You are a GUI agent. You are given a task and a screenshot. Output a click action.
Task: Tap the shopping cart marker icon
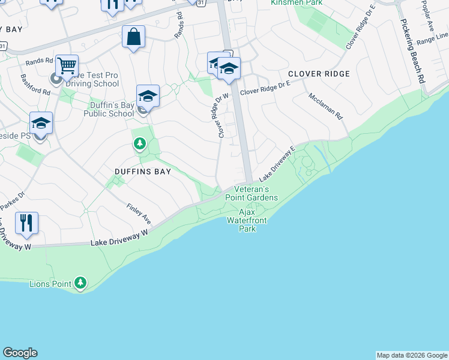click(67, 65)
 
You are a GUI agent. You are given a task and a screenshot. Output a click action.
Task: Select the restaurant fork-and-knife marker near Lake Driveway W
click(26, 223)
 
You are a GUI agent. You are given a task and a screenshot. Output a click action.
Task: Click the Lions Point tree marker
click(80, 283)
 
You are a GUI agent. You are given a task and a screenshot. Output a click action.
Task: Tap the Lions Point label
click(50, 283)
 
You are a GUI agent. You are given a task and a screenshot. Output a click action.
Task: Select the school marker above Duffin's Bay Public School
click(148, 96)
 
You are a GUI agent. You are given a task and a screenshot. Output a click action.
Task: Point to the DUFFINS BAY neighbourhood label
click(143, 172)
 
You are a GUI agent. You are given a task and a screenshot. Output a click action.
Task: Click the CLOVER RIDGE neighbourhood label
click(318, 74)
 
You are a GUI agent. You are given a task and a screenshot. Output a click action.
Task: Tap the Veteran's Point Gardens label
click(252, 193)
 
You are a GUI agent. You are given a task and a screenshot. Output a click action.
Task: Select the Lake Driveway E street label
click(277, 163)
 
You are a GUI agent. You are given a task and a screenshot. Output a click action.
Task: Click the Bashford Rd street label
click(35, 85)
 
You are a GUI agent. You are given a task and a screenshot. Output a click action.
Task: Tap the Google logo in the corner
click(20, 353)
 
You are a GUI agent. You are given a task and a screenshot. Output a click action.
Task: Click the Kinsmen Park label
click(293, 3)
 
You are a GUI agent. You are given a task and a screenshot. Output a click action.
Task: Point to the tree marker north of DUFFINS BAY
click(140, 143)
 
